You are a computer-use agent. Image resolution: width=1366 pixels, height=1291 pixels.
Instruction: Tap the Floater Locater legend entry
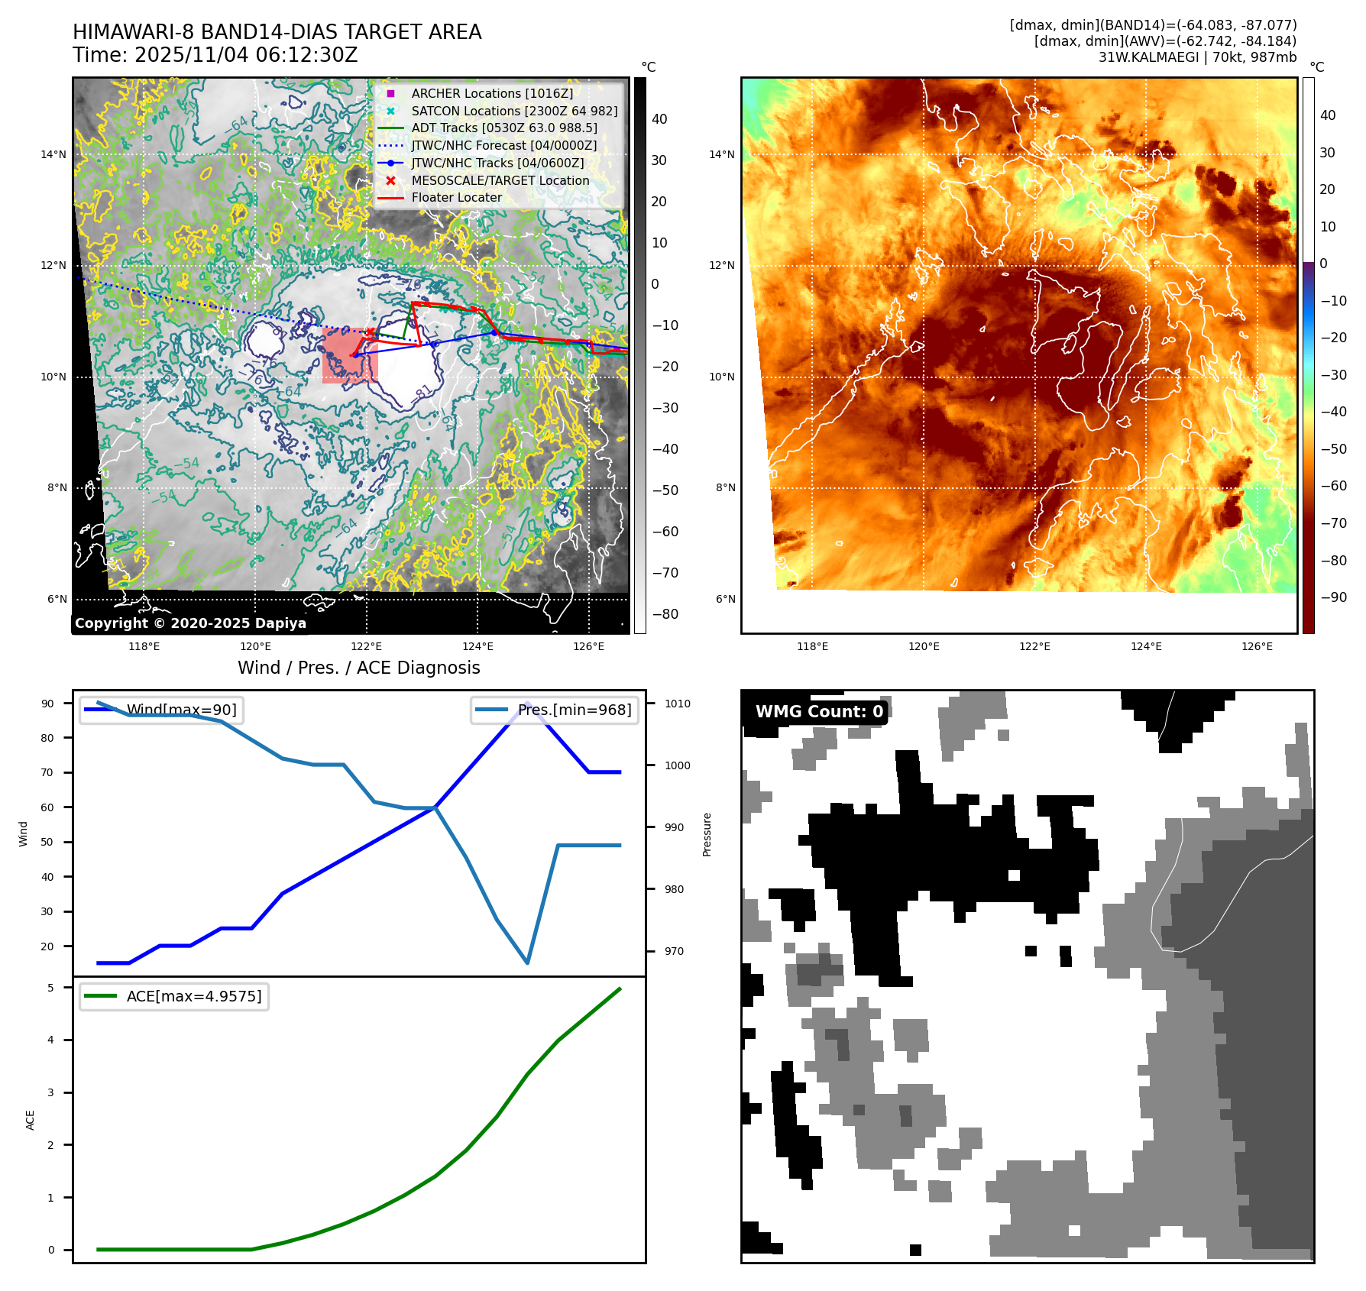click(x=456, y=197)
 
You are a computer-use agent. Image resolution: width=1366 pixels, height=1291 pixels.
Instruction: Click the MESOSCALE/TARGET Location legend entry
click(x=500, y=180)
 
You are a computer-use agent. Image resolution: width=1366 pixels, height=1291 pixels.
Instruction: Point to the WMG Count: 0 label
click(x=818, y=712)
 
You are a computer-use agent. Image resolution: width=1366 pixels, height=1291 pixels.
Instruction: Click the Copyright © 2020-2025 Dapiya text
click(x=190, y=623)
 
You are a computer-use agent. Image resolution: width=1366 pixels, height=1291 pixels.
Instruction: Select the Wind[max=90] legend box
click(x=162, y=710)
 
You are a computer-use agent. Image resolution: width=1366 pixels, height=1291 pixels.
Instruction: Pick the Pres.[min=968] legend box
click(x=555, y=710)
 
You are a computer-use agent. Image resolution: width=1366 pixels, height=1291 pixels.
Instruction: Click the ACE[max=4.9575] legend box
click(x=174, y=996)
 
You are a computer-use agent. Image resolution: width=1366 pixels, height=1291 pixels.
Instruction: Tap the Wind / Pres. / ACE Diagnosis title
click(x=358, y=668)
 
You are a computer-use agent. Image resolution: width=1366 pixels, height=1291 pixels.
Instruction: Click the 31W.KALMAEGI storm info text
click(x=1196, y=57)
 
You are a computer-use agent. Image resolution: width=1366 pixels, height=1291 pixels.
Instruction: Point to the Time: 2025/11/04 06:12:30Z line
click(x=215, y=55)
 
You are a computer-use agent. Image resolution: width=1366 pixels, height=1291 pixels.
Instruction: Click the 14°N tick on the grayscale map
click(x=53, y=154)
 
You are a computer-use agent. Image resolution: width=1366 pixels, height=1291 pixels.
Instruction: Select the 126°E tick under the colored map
click(x=1257, y=646)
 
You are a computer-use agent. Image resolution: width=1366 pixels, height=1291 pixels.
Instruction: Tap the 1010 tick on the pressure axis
click(x=677, y=704)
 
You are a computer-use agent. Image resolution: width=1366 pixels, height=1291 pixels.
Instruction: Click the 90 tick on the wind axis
click(x=47, y=704)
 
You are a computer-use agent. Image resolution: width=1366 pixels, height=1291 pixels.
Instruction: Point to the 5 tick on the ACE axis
click(x=50, y=988)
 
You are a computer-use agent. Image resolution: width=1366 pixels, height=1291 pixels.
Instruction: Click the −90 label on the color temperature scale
click(x=1333, y=597)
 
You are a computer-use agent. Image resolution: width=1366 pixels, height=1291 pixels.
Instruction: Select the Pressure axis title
click(x=707, y=834)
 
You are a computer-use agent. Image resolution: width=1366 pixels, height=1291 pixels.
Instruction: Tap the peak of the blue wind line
click(x=527, y=703)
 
